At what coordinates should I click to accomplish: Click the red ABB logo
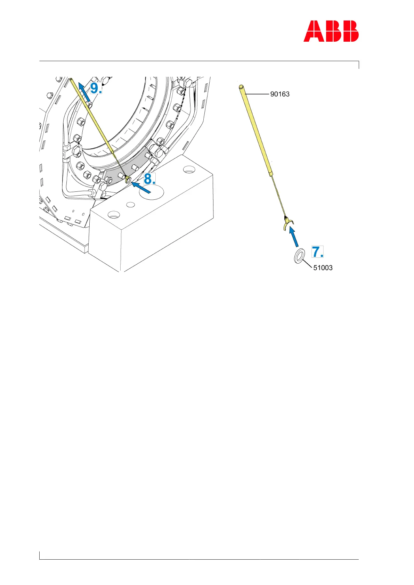pyautogui.click(x=331, y=31)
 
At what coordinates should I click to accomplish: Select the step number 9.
pyautogui.click(x=96, y=88)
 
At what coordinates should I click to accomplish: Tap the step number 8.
pyautogui.click(x=149, y=179)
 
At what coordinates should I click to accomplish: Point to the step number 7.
pyautogui.click(x=317, y=252)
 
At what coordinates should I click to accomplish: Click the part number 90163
pyautogui.click(x=280, y=94)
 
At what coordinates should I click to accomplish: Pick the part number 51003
pyautogui.click(x=323, y=268)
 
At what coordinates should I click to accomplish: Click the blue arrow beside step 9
pyautogui.click(x=84, y=92)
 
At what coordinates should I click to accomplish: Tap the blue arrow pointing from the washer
pyautogui.click(x=294, y=237)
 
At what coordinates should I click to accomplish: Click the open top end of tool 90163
pyautogui.click(x=241, y=86)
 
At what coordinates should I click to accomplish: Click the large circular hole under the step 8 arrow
pyautogui.click(x=151, y=192)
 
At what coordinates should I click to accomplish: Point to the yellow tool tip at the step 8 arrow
pyautogui.click(x=128, y=180)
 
